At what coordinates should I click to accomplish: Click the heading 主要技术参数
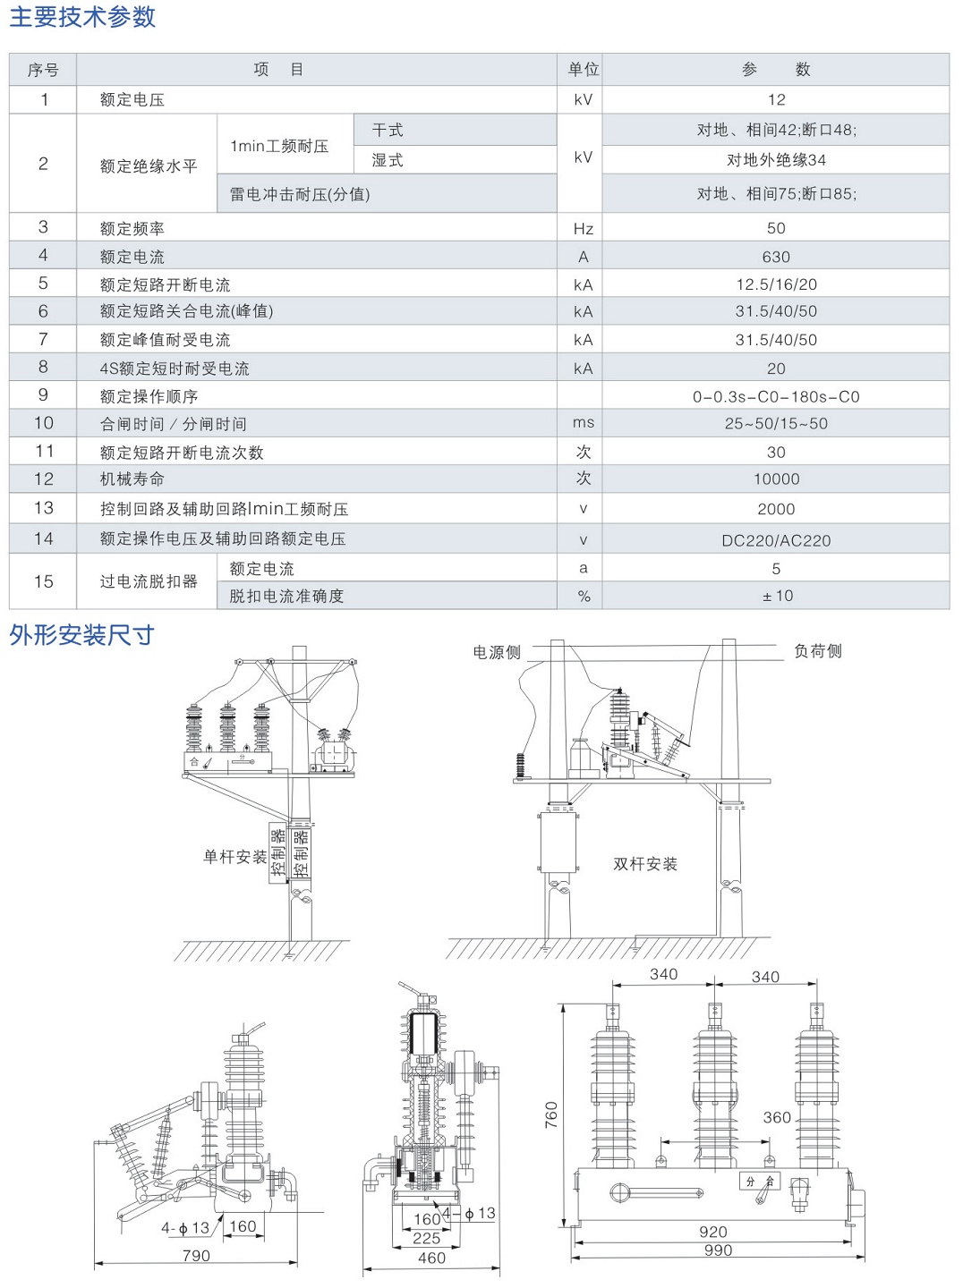82,17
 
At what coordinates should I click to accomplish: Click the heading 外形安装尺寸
81,636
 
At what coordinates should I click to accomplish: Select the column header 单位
583,70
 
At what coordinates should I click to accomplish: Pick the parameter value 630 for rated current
776,258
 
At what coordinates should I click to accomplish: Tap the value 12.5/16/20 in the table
776,284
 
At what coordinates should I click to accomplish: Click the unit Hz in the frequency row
583,229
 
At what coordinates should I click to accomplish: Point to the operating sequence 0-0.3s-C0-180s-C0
776,397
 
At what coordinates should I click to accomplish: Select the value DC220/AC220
776,541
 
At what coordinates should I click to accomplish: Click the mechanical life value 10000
776,479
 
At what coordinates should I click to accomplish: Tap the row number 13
44,509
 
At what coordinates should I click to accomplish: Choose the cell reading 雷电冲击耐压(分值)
300,195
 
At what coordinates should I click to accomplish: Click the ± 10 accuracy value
777,597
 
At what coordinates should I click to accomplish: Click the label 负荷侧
818,651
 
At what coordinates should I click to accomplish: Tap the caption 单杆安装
235,857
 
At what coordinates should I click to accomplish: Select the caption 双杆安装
645,864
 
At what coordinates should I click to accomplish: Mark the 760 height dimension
551,1114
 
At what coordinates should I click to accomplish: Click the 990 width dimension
718,1250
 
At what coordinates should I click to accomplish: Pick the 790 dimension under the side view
196,1256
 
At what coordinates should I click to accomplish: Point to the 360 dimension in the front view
777,1118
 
